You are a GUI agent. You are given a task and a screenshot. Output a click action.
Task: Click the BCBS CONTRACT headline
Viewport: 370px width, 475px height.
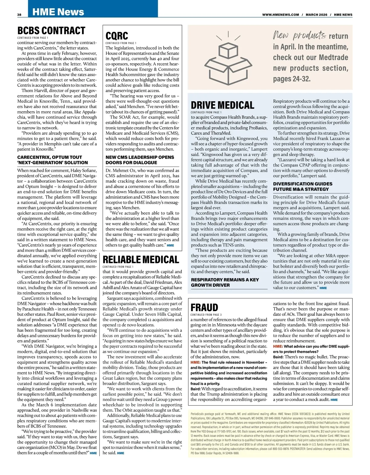[51, 31]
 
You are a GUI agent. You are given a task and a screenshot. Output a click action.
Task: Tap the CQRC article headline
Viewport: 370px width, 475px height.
[117, 36]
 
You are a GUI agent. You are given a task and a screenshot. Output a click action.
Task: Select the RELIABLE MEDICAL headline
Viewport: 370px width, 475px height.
[141, 260]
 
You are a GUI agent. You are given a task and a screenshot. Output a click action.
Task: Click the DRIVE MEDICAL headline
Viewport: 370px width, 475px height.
[222, 105]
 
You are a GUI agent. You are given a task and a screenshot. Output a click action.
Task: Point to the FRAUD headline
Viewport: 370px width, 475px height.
[204, 307]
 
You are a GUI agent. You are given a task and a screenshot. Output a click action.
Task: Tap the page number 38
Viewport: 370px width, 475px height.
[19, 15]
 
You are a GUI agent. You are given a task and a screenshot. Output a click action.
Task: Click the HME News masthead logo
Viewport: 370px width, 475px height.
[58, 12]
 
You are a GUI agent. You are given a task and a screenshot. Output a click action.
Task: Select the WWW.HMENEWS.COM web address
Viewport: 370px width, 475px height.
[281, 15]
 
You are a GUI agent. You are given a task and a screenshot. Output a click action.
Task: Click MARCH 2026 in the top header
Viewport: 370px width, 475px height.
[316, 15]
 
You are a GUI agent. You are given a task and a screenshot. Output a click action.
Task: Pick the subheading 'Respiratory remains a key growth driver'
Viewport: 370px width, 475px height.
[225, 282]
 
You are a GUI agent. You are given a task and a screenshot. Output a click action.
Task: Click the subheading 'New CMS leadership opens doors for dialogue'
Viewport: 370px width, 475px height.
[140, 160]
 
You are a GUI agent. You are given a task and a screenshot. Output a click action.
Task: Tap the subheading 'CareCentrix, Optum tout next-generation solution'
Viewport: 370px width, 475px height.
[52, 160]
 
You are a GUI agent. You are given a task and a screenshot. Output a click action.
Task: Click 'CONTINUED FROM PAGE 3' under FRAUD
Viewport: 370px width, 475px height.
[206, 315]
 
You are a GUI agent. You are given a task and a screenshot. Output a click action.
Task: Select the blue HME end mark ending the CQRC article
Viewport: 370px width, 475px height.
[170, 245]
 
